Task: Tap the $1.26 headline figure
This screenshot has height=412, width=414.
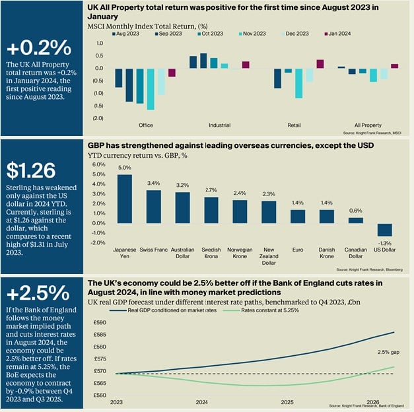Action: pos(31,170)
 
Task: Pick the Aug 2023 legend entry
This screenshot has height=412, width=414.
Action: pos(127,32)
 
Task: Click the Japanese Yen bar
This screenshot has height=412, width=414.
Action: pos(125,197)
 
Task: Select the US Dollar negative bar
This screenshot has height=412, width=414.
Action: pos(384,229)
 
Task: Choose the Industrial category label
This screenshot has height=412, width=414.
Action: pos(219,125)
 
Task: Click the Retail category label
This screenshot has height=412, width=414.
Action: pos(294,125)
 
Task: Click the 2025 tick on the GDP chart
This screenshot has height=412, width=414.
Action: pos(287,402)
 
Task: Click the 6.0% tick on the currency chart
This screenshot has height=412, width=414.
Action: pos(97,164)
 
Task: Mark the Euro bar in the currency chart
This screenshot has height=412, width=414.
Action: pos(298,215)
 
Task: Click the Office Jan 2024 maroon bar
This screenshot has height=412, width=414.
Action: pos(172,73)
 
